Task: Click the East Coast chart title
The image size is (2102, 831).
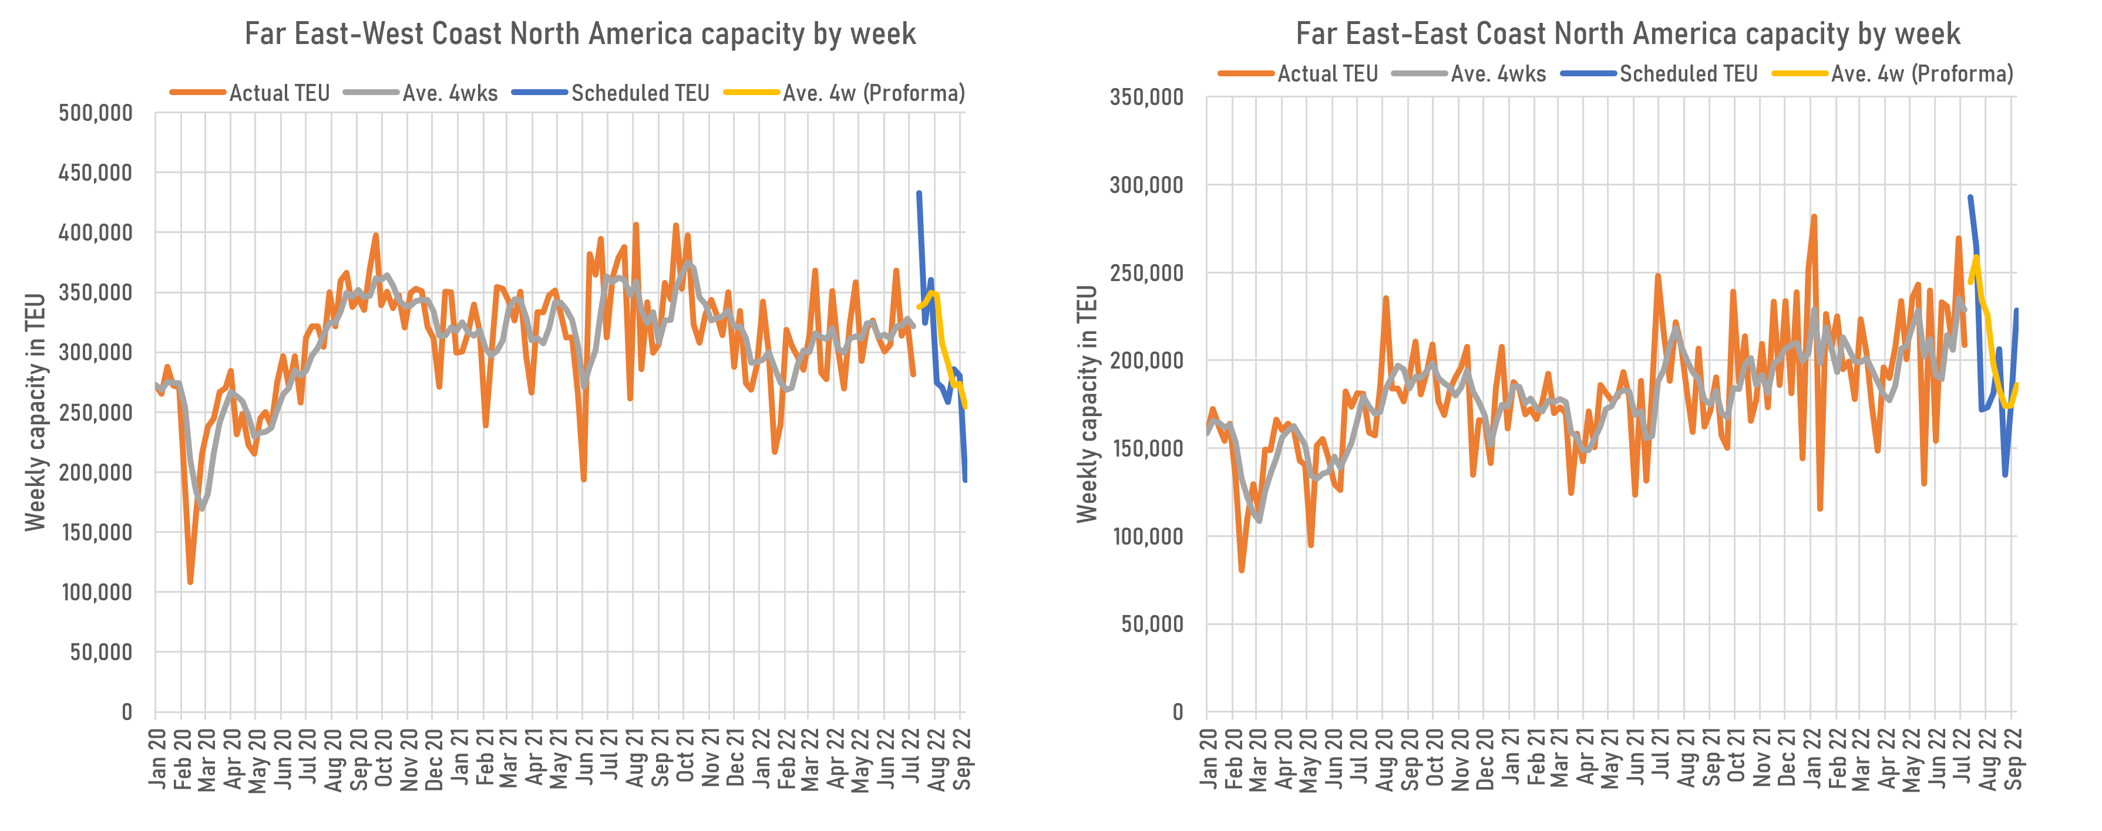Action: [1627, 34]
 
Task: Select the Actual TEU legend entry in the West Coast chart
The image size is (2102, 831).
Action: [279, 93]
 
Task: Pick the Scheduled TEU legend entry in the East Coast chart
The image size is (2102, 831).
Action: [1687, 74]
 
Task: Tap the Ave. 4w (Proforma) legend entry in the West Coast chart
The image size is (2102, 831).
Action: [873, 93]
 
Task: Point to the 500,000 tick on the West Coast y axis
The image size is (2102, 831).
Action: [96, 113]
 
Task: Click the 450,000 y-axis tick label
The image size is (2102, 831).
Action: [96, 173]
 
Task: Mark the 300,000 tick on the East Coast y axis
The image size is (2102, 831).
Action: [1146, 185]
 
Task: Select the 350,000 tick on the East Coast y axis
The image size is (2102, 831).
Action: [1146, 97]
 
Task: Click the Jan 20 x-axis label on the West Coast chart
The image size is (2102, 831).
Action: [157, 758]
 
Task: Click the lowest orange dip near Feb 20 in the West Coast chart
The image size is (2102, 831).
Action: [190, 582]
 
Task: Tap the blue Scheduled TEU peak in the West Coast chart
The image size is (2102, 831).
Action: [919, 193]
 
